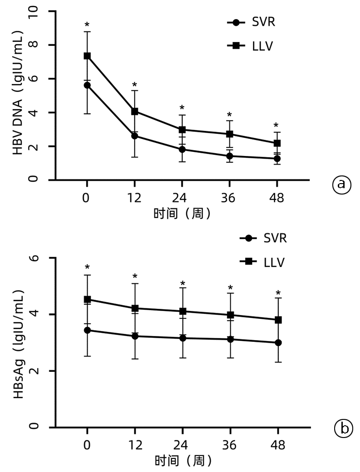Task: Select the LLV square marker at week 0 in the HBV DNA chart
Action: click(x=87, y=56)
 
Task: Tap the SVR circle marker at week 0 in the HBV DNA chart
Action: click(x=87, y=85)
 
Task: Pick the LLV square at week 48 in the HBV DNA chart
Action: click(x=277, y=143)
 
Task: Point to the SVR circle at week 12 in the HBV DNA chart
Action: click(x=135, y=136)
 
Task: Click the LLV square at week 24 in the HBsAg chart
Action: click(x=183, y=311)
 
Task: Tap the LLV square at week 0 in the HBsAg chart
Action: click(x=87, y=299)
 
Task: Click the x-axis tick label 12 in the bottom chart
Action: click(x=135, y=446)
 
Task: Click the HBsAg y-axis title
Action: click(x=19, y=343)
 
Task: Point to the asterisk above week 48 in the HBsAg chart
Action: click(x=278, y=293)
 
